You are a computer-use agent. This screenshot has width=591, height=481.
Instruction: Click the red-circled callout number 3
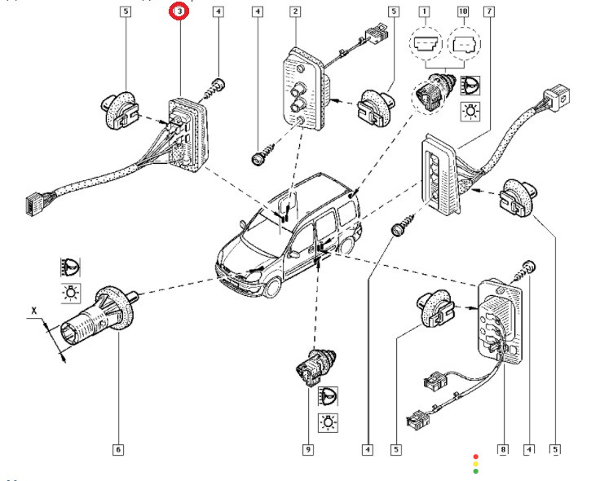click(179, 12)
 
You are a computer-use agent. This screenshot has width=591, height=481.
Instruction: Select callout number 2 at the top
click(293, 12)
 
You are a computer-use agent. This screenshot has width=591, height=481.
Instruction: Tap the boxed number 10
click(463, 12)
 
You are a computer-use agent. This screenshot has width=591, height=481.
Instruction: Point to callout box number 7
click(487, 12)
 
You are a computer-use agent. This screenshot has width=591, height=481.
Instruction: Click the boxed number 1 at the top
click(424, 12)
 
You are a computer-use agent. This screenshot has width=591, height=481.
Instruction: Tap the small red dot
click(476, 457)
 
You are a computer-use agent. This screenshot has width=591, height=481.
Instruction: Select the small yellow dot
click(476, 464)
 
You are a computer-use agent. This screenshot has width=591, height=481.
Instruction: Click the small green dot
click(476, 471)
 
